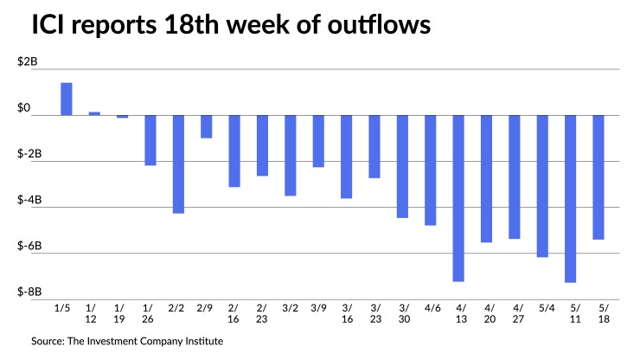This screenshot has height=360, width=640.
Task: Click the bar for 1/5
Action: [x=66, y=99]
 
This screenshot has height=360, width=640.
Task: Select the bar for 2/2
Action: [x=178, y=164]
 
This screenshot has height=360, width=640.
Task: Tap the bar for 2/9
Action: [x=207, y=126]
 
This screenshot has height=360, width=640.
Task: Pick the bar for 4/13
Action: [x=459, y=198]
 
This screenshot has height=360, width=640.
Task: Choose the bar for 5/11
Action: [x=571, y=198]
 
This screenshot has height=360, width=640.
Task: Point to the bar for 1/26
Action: [x=150, y=140]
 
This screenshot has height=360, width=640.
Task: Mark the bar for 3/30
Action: [x=403, y=166]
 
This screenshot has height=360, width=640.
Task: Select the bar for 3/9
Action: [x=318, y=141]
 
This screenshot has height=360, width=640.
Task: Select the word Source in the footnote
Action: [x=50, y=341]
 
